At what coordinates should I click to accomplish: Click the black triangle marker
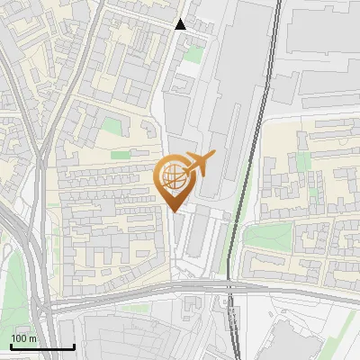tap(181, 24)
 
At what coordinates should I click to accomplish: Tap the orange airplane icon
tap(198, 165)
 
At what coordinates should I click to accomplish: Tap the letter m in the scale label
tap(33, 338)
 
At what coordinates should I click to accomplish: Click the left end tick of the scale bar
tap(11, 346)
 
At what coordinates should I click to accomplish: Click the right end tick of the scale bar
tap(74, 346)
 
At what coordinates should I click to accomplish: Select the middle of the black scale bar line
tap(42, 346)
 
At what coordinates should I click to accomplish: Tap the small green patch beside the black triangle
tap(193, 54)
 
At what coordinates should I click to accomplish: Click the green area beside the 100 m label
tap(13, 288)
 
